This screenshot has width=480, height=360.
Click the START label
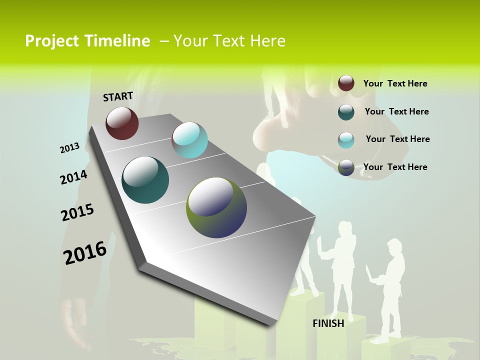(118, 96)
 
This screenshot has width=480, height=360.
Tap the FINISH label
(328, 323)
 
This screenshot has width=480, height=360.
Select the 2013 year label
(69, 148)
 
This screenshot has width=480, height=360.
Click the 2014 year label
(73, 177)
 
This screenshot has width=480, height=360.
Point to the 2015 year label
(77, 212)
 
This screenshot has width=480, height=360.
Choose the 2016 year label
(85, 252)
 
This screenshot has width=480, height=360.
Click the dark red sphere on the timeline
(122, 123)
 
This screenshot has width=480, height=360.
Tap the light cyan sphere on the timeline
(189, 139)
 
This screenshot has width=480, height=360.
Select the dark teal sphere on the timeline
(145, 180)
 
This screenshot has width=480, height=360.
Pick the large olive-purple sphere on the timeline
(216, 207)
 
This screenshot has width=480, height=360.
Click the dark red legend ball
(346, 83)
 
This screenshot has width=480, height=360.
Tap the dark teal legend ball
(346, 111)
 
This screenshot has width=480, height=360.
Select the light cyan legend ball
(346, 139)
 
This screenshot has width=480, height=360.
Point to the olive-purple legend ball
(346, 167)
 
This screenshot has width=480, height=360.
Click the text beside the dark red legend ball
(395, 83)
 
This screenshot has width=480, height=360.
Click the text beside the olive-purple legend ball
(395, 167)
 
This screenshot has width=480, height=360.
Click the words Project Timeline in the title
(87, 41)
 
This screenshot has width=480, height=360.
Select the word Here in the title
(267, 41)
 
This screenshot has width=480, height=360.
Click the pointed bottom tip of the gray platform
(272, 325)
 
